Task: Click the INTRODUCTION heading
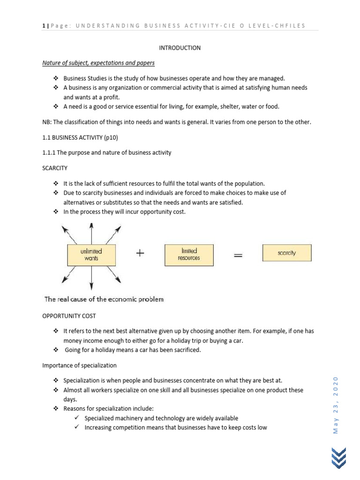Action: click(x=180, y=48)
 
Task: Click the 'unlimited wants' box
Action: click(x=91, y=255)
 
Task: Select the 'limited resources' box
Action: click(x=189, y=255)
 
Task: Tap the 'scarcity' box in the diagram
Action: click(x=286, y=253)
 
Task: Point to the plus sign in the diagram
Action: click(x=140, y=254)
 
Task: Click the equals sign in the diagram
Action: click(x=238, y=255)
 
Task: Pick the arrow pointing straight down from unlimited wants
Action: click(x=91, y=277)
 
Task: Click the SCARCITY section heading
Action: click(x=55, y=167)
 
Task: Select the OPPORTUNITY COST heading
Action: click(x=69, y=316)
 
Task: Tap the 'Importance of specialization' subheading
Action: click(x=79, y=365)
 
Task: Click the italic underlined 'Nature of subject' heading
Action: click(x=98, y=62)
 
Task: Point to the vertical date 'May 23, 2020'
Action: click(x=336, y=405)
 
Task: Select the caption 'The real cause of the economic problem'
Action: click(x=104, y=299)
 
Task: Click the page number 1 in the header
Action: click(x=44, y=25)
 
